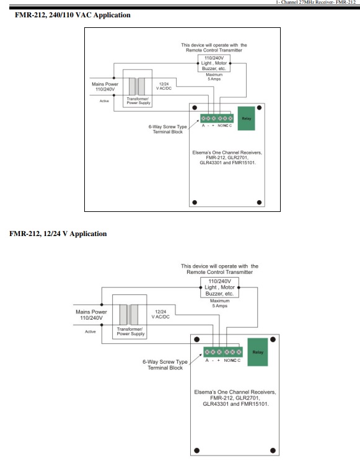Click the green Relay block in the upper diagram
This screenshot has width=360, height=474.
click(247, 118)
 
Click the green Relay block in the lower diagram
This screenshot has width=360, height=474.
click(258, 352)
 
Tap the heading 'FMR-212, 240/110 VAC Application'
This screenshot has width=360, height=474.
click(72, 15)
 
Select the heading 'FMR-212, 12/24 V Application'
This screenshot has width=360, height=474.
click(58, 234)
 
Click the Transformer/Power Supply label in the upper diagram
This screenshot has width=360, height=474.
click(138, 101)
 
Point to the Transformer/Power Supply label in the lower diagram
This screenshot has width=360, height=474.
click(131, 331)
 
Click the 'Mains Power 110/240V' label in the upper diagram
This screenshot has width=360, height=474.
click(105, 87)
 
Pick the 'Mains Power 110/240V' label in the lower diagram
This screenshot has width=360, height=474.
click(91, 315)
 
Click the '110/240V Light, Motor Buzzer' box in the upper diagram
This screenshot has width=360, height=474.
click(214, 63)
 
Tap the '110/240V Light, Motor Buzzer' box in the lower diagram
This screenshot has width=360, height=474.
click(219, 287)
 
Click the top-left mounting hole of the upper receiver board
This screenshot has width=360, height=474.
click(195, 108)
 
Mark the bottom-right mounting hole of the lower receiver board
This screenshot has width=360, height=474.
click(273, 450)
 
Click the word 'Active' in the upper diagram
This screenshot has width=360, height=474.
click(104, 101)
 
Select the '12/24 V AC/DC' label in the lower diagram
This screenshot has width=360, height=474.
click(160, 314)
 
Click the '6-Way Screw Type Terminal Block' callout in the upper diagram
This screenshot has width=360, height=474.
click(167, 129)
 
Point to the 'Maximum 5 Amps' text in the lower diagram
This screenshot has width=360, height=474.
click(220, 303)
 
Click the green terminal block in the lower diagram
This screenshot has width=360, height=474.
click(223, 352)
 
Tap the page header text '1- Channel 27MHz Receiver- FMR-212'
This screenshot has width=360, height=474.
click(315, 2)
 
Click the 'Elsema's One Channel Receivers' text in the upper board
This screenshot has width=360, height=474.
click(227, 152)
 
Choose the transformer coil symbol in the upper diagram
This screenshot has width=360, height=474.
click(137, 87)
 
